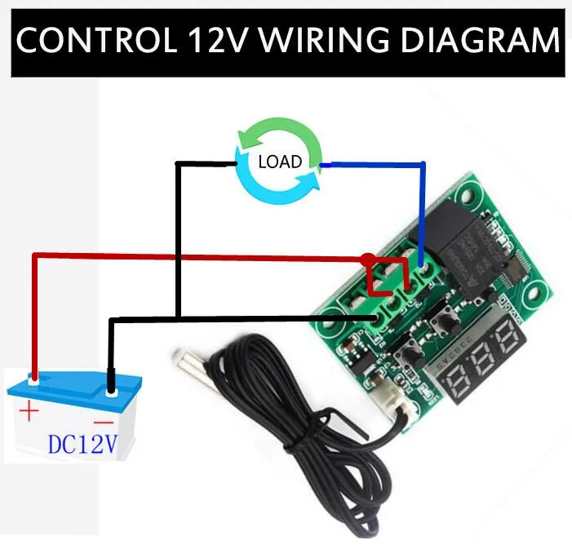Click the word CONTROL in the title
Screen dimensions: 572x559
[96, 40]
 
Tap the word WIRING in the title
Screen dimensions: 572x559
[324, 40]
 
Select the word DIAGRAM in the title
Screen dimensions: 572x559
[480, 40]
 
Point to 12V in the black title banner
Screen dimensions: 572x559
[217, 40]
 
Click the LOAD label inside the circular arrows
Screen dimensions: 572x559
[280, 162]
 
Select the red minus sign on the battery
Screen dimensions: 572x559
[104, 424]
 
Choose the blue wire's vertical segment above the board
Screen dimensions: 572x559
[423, 215]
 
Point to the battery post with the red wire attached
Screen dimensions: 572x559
[34, 380]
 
